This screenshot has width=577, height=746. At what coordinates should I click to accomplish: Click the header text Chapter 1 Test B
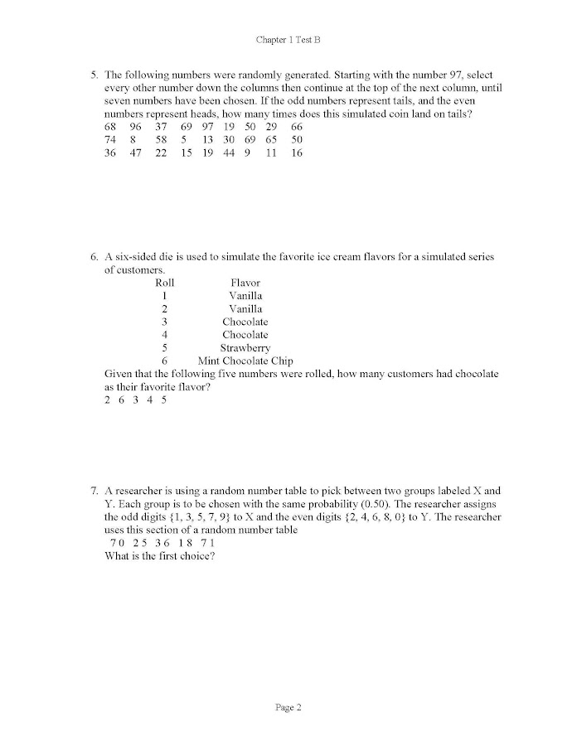point(288,40)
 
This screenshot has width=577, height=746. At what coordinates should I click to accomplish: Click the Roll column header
point(165,283)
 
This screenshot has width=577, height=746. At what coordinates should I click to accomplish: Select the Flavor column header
point(245,283)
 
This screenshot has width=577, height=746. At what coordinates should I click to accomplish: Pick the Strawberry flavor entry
point(245,348)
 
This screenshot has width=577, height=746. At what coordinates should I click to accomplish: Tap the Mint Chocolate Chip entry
point(245,361)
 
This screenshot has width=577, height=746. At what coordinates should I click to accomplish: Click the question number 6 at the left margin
point(94,257)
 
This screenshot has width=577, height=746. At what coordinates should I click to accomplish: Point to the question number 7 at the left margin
point(94,491)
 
